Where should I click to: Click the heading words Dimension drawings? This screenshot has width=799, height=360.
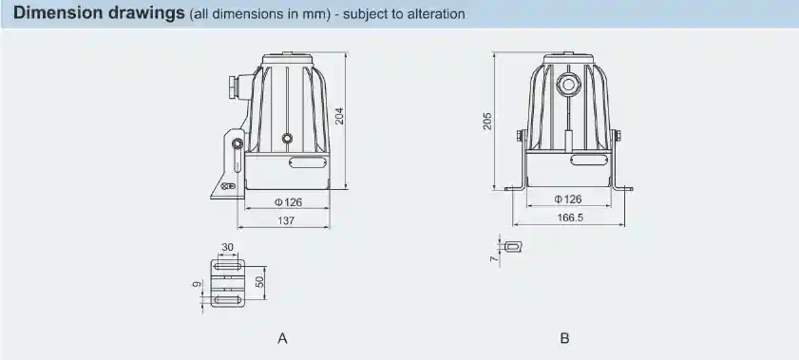pyautogui.click(x=91, y=14)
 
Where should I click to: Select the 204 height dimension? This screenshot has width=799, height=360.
pyautogui.click(x=339, y=116)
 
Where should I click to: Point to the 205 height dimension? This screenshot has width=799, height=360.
pyautogui.click(x=487, y=123)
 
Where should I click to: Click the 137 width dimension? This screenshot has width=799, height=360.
pyautogui.click(x=285, y=220)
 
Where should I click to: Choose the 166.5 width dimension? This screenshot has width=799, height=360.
pyautogui.click(x=567, y=218)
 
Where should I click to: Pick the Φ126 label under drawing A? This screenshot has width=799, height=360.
pyautogui.click(x=288, y=201)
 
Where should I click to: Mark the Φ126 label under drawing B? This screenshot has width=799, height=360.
pyautogui.click(x=567, y=199)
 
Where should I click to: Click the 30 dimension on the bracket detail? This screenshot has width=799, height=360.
pyautogui.click(x=227, y=247)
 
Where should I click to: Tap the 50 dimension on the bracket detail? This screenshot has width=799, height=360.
pyautogui.click(x=259, y=282)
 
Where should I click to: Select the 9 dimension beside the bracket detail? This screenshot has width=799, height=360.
pyautogui.click(x=196, y=284)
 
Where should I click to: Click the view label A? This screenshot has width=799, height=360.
pyautogui.click(x=281, y=338)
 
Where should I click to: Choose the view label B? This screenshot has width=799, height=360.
pyautogui.click(x=564, y=338)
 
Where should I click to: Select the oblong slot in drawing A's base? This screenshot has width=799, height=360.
pyautogui.click(x=305, y=162)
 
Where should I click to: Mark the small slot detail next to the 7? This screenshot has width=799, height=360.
pyautogui.click(x=513, y=246)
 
